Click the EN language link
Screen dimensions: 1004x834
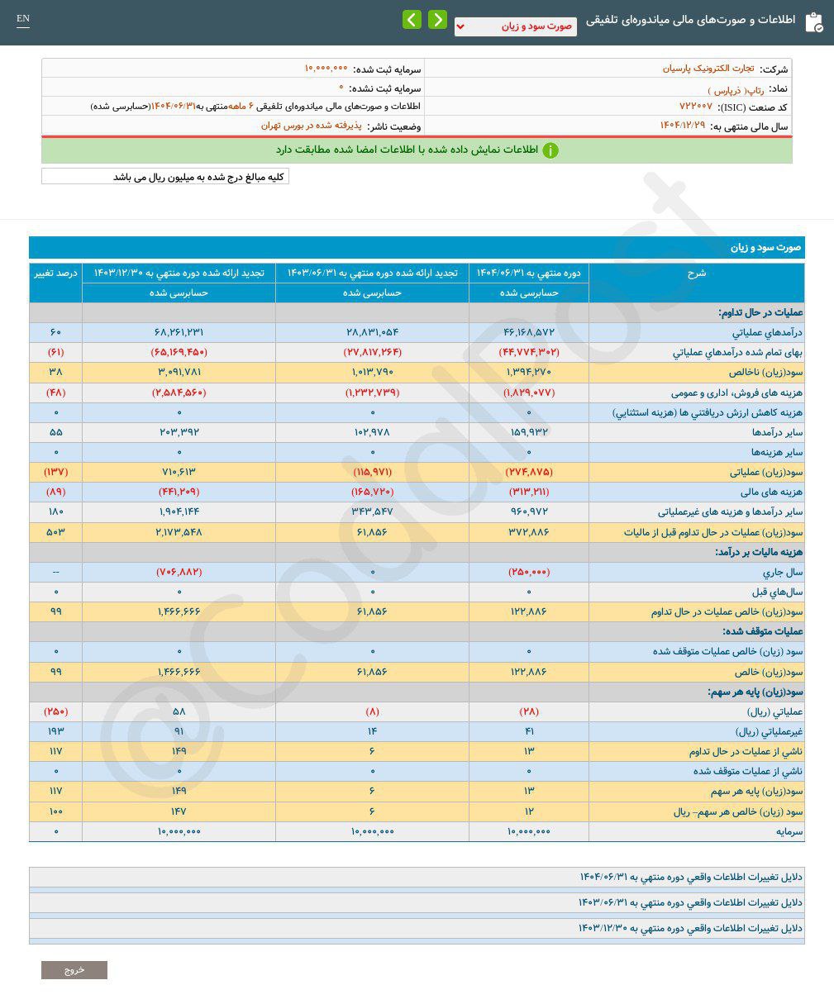(x=23, y=19)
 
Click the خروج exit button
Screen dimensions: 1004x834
(x=74, y=970)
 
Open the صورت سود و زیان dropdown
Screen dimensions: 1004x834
(x=515, y=26)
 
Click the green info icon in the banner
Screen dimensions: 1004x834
(x=550, y=150)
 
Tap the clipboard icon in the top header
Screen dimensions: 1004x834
(x=813, y=21)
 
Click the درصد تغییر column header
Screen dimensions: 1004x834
(x=55, y=273)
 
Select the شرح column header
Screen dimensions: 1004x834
(x=696, y=273)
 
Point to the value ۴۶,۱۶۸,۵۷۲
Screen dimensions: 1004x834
(x=529, y=333)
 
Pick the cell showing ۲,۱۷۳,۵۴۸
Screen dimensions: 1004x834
(x=179, y=533)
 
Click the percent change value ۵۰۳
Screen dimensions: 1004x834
(x=55, y=533)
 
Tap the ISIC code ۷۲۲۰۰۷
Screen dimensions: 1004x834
(x=695, y=107)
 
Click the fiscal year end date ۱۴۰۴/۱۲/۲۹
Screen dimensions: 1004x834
(x=683, y=126)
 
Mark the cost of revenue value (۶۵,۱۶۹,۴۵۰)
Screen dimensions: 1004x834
(x=179, y=353)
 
